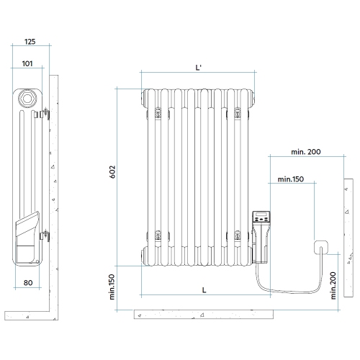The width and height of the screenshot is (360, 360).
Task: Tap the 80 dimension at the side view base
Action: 29,283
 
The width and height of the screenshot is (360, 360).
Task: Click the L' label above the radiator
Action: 199,67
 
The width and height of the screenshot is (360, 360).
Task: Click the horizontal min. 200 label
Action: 306,151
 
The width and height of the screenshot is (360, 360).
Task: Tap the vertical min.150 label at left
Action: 112,286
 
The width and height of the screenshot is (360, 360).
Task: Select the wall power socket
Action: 320,248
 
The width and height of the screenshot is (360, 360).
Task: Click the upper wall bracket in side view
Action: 46,112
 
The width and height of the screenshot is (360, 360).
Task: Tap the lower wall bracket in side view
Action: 46,233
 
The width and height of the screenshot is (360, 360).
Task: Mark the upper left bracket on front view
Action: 158,112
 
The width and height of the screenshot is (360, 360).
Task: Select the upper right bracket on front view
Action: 237,112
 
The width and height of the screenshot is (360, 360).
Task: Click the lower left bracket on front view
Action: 158,233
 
